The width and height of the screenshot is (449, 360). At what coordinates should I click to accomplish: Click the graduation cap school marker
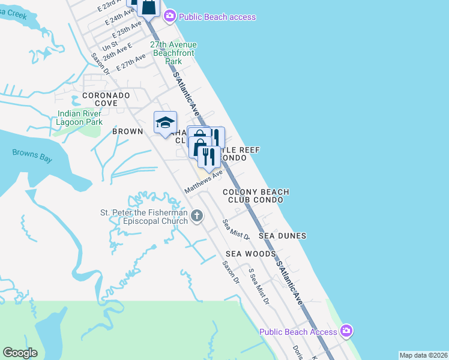click(x=165, y=123)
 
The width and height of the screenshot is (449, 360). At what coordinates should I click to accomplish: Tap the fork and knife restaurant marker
click(x=208, y=157)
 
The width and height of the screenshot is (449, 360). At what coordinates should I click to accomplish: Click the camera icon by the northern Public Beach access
click(x=170, y=15)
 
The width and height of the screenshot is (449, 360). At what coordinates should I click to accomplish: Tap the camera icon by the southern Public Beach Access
click(x=346, y=331)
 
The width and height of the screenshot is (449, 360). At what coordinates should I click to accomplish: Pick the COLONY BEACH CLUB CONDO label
click(x=256, y=196)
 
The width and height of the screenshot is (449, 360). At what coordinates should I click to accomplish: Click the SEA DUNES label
click(x=282, y=236)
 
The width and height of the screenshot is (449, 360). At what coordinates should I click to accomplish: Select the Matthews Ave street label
click(x=203, y=181)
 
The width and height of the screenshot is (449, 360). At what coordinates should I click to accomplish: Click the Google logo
click(x=20, y=353)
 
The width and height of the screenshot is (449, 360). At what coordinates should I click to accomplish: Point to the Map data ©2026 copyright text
click(x=423, y=355)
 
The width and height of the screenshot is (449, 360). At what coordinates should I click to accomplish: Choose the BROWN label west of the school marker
click(x=128, y=131)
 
